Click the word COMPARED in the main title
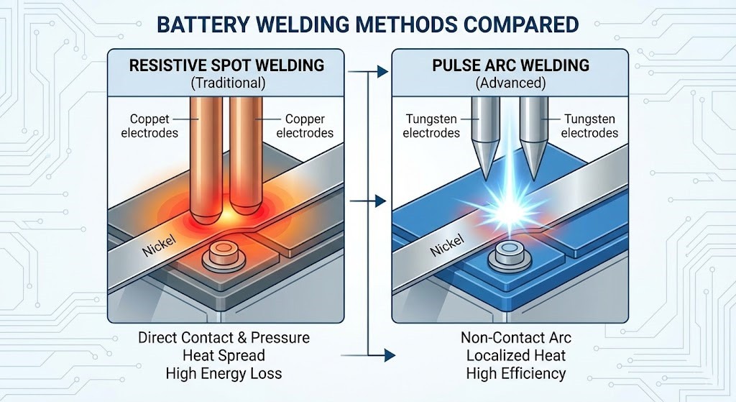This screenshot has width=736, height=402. pyautogui.click(x=515, y=24)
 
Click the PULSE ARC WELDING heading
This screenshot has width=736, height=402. pyautogui.click(x=511, y=65)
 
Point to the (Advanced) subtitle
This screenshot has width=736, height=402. pyautogui.click(x=511, y=83)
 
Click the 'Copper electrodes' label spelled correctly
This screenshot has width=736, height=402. pyautogui.click(x=305, y=126)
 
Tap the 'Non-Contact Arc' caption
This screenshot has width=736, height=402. pyautogui.click(x=515, y=337)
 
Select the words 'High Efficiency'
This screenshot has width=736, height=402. pyautogui.click(x=515, y=373)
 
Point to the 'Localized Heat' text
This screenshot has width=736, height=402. pyautogui.click(x=515, y=355)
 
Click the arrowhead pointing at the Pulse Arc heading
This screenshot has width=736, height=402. pyautogui.click(x=389, y=73)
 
